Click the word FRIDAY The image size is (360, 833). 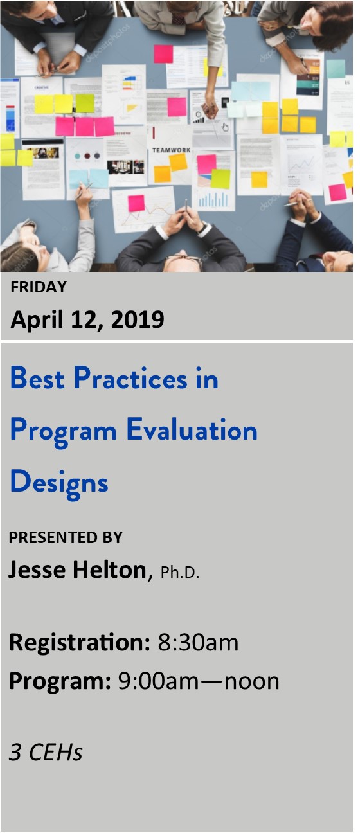click(39, 287)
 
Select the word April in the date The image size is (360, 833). click(37, 320)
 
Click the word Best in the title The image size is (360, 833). click(37, 378)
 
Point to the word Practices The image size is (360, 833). click(130, 378)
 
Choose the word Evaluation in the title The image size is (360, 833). click(192, 429)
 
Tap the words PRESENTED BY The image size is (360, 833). click(66, 537)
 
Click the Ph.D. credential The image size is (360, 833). click(180, 572)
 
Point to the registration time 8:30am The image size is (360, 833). click(198, 642)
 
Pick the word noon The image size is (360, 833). click(252, 682)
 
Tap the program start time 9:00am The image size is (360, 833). click(158, 681)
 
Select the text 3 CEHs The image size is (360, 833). click(46, 752)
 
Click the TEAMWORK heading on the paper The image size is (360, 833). click(171, 150)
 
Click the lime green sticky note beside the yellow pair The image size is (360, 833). click(85, 103)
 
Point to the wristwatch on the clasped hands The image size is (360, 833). click(203, 228)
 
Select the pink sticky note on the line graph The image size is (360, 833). click(136, 203)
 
